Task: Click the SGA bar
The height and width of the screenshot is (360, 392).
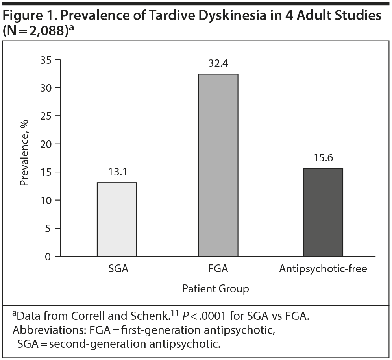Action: (x=117, y=220)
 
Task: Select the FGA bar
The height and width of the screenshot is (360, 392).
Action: (x=218, y=165)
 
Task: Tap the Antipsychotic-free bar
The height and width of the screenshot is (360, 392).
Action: (x=323, y=212)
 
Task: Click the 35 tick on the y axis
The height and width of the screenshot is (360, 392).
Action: (x=46, y=59)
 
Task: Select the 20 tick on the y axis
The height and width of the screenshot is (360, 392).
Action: (x=46, y=144)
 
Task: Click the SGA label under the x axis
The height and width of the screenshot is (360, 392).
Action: (x=117, y=270)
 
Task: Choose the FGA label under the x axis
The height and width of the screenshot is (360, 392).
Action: (x=218, y=270)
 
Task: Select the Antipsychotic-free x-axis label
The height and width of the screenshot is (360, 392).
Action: (x=323, y=270)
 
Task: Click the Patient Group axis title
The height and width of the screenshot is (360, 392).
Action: (x=215, y=289)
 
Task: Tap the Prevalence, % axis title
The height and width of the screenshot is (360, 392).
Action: (x=24, y=158)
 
